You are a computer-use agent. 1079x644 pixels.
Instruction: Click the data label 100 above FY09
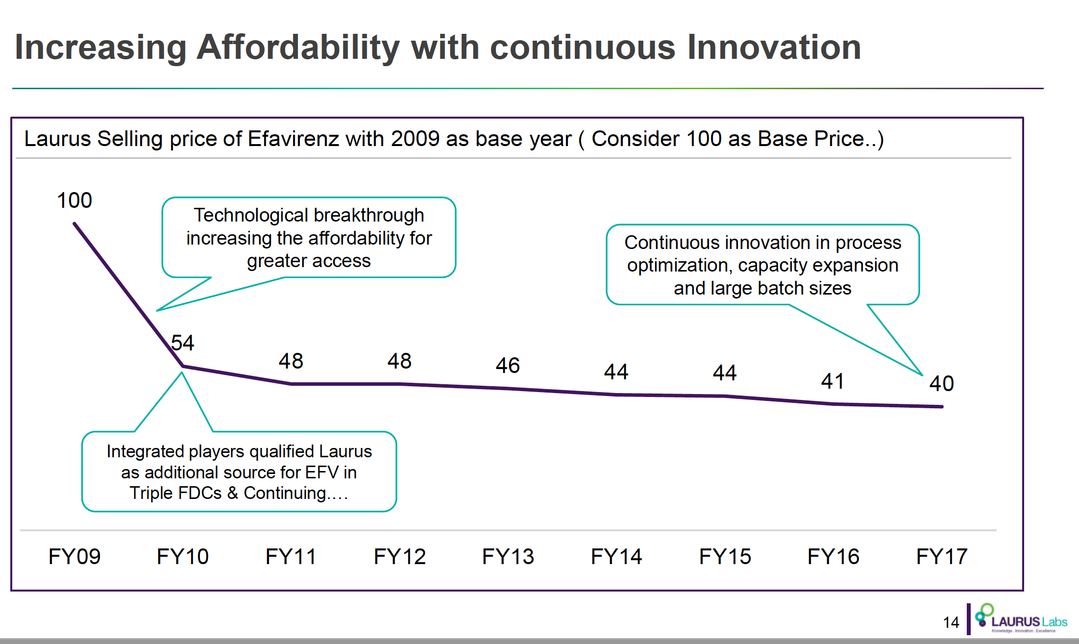74,200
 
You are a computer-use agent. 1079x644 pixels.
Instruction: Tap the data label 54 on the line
182,343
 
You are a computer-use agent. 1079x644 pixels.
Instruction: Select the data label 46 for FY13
508,366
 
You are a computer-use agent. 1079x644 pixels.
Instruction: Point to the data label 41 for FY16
833,381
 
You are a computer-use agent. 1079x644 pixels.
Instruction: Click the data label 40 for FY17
941,384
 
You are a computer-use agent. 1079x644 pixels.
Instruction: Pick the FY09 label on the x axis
74,557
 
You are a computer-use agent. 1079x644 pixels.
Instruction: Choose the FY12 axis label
400,557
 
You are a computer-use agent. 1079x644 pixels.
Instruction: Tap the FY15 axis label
725,557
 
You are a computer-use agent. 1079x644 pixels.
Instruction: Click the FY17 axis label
942,557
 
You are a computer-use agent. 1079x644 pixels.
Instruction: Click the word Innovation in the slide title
774,48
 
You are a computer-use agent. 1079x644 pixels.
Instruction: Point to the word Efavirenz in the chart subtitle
293,139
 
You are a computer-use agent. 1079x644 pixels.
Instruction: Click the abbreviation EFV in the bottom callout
321,472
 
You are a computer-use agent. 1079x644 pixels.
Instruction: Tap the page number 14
951,622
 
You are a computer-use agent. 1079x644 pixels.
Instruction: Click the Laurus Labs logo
1021,619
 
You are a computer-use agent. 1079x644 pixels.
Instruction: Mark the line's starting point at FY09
74,224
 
